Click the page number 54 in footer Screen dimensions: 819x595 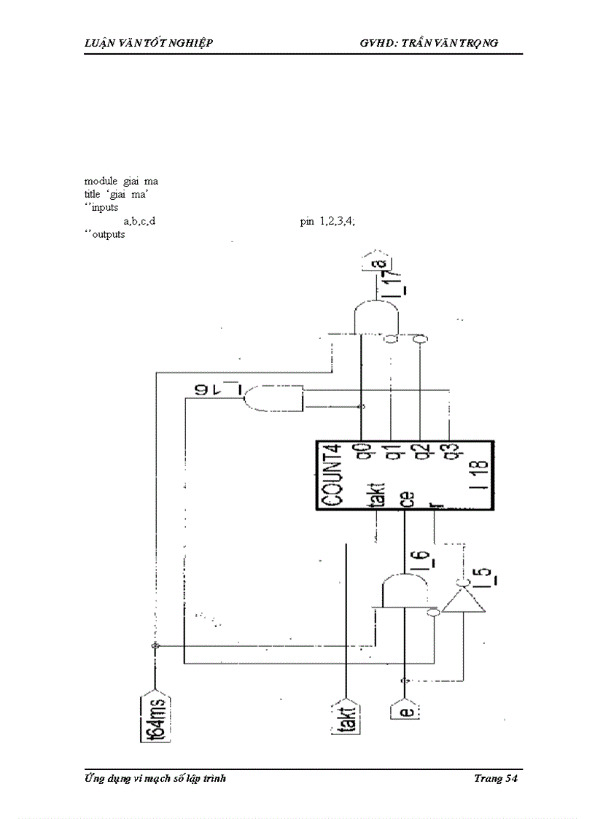point(510,779)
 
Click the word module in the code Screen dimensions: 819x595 point(101,181)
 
